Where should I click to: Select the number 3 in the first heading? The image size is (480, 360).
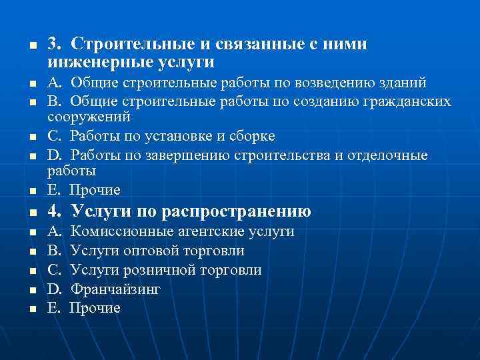tap(52, 44)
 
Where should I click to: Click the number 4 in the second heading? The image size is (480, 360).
tap(53, 212)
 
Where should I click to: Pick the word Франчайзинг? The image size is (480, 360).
tap(115, 289)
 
